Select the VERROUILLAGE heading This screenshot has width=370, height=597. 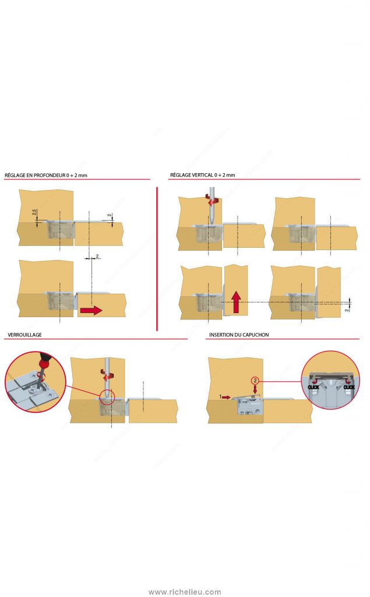pyautogui.click(x=24, y=335)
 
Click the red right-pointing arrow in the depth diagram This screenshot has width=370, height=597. pyautogui.click(x=90, y=311)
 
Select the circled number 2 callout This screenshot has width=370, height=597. pyautogui.click(x=255, y=380)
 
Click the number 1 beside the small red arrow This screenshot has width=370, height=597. pyautogui.click(x=221, y=396)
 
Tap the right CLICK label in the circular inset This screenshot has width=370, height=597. pyautogui.click(x=349, y=387)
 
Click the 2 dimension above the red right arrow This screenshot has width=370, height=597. pyautogui.click(x=97, y=256)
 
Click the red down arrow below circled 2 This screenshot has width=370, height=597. pyautogui.click(x=255, y=389)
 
